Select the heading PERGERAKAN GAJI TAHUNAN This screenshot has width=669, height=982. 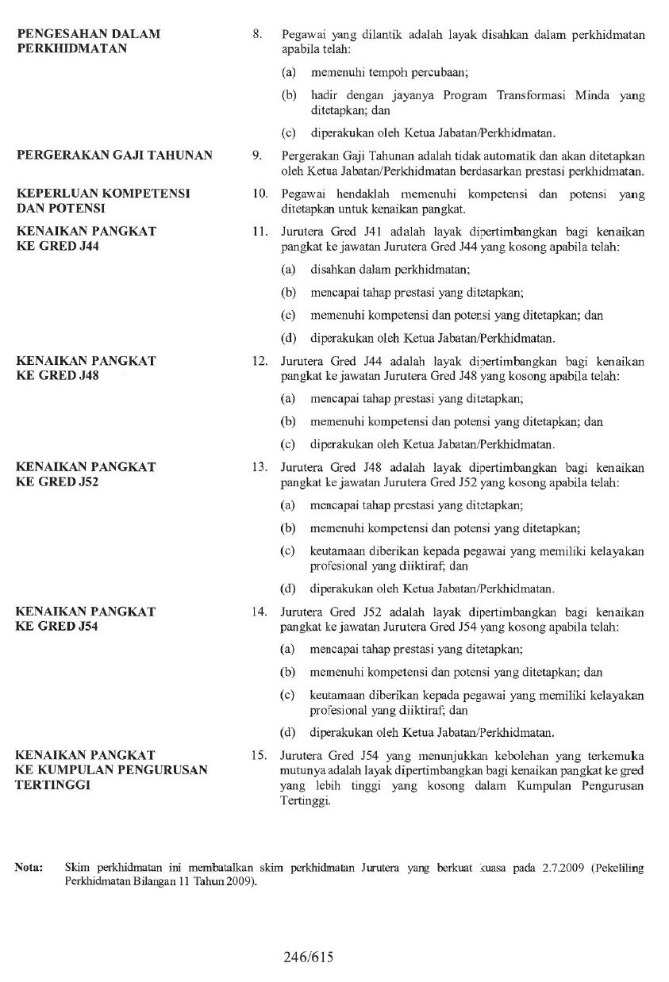[114, 155]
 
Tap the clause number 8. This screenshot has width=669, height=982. [256, 35]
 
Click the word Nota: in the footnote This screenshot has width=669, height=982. [29, 869]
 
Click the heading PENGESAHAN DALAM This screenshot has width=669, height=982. [88, 34]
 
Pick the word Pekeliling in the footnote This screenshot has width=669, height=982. [621, 869]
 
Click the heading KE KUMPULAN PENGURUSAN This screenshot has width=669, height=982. [112, 769]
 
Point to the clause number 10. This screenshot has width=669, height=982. [257, 194]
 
